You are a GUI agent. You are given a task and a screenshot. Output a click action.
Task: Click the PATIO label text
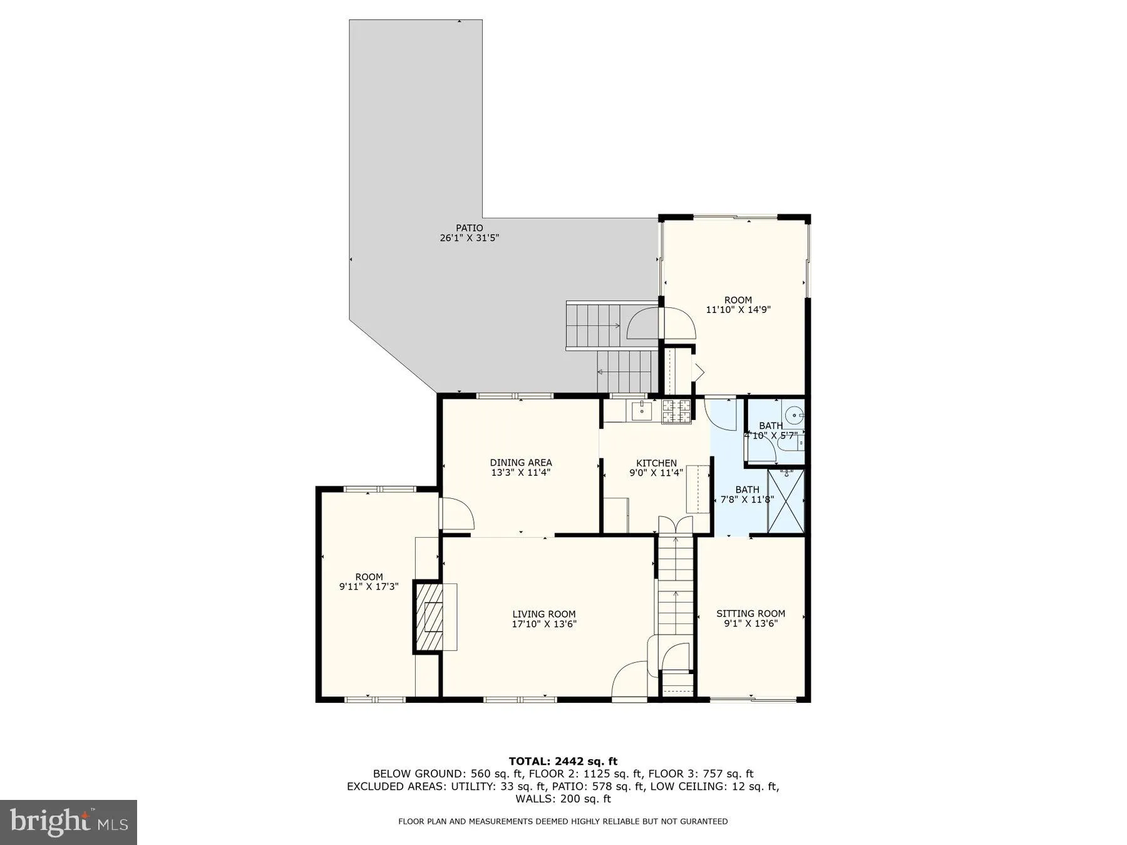coord(469,228)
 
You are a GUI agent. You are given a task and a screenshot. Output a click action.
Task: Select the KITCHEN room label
coord(656,463)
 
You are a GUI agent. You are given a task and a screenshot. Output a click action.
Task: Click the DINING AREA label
coord(520,463)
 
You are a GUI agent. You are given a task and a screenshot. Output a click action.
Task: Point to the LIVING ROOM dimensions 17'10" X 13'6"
coord(543,624)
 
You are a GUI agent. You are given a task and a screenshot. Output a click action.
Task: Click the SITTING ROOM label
coord(750,613)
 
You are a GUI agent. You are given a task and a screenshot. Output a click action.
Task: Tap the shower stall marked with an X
coord(785,501)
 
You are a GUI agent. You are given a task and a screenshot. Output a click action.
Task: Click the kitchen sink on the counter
coord(641,411)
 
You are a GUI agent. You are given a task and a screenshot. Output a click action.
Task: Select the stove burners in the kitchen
coord(677,411)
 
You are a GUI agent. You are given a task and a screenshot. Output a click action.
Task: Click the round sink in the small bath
coord(795,414)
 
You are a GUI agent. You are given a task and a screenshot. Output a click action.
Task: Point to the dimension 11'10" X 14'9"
coord(738,309)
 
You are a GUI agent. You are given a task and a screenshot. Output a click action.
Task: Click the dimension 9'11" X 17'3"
coord(369,587)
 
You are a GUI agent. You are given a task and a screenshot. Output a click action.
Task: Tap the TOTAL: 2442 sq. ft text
coord(563,761)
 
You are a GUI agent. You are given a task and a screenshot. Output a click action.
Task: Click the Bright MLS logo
coord(68,822)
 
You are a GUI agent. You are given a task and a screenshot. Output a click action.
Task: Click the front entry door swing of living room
coord(629,680)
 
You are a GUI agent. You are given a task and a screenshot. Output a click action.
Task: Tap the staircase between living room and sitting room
coord(675,595)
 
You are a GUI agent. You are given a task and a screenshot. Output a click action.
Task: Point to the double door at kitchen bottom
coord(676,525)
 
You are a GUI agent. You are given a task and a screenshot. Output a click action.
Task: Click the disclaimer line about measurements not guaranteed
coord(563,821)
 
